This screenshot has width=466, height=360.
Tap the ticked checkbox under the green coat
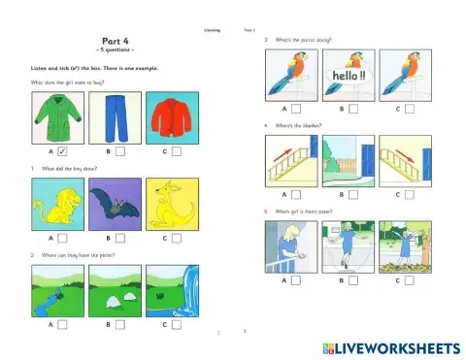coord(61,152)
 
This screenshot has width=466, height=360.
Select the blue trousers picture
coord(116,117)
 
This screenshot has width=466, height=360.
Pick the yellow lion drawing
coord(58,201)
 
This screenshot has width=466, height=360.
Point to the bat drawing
coord(116,201)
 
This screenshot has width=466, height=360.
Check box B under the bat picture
coord(119,238)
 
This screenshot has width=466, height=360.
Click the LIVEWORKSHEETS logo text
coord(392,346)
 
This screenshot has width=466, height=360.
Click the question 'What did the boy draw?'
coord(68,169)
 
